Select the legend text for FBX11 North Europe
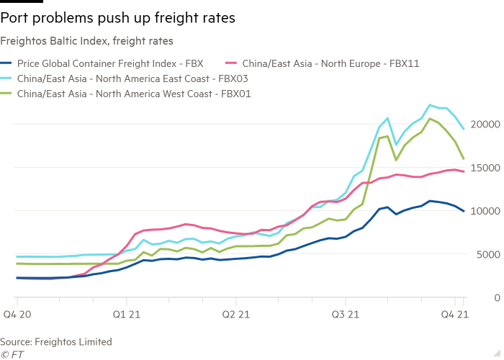pyautogui.click(x=331, y=63)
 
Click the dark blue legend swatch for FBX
pyautogui.click(x=6, y=63)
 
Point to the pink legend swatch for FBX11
pyautogui.click(x=233, y=63)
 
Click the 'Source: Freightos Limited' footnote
pyautogui.click(x=56, y=341)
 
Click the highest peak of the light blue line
pyautogui.click(x=431, y=105)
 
